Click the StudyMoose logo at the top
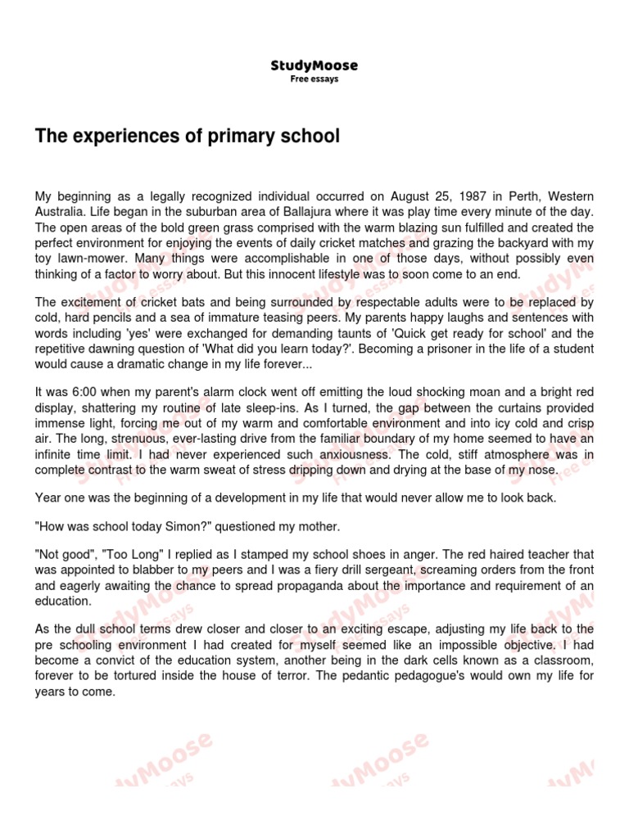pyautogui.click(x=314, y=65)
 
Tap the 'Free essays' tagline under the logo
pyautogui.click(x=314, y=79)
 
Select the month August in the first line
pyautogui.click(x=391, y=196)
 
